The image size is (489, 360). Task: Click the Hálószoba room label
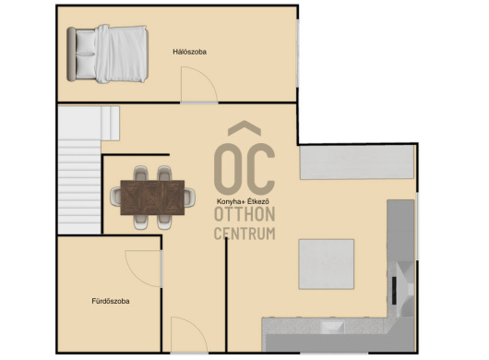[x=190, y=52]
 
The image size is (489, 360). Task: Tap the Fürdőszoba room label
[x=111, y=301]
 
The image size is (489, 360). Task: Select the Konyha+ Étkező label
[x=243, y=201]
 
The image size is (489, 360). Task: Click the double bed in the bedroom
[x=108, y=54]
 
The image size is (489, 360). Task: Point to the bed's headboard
[x=71, y=54]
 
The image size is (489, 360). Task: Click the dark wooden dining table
[x=152, y=198]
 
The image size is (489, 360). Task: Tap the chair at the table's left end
[x=115, y=197]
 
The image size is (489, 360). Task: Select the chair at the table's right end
[x=190, y=198]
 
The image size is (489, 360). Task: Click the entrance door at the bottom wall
[x=189, y=336]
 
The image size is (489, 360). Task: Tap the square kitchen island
[x=327, y=264]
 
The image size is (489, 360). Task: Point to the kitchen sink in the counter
[x=333, y=328]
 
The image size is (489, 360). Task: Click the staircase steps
[x=79, y=186]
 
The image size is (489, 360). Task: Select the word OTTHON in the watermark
[x=244, y=214]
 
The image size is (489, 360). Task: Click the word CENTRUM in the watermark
[x=244, y=234]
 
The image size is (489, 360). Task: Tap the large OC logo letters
[x=244, y=169]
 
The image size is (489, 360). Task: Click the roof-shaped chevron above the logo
[x=244, y=128]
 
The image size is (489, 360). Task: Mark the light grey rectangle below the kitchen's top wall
[x=357, y=162]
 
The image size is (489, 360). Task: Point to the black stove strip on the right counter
[x=394, y=291]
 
